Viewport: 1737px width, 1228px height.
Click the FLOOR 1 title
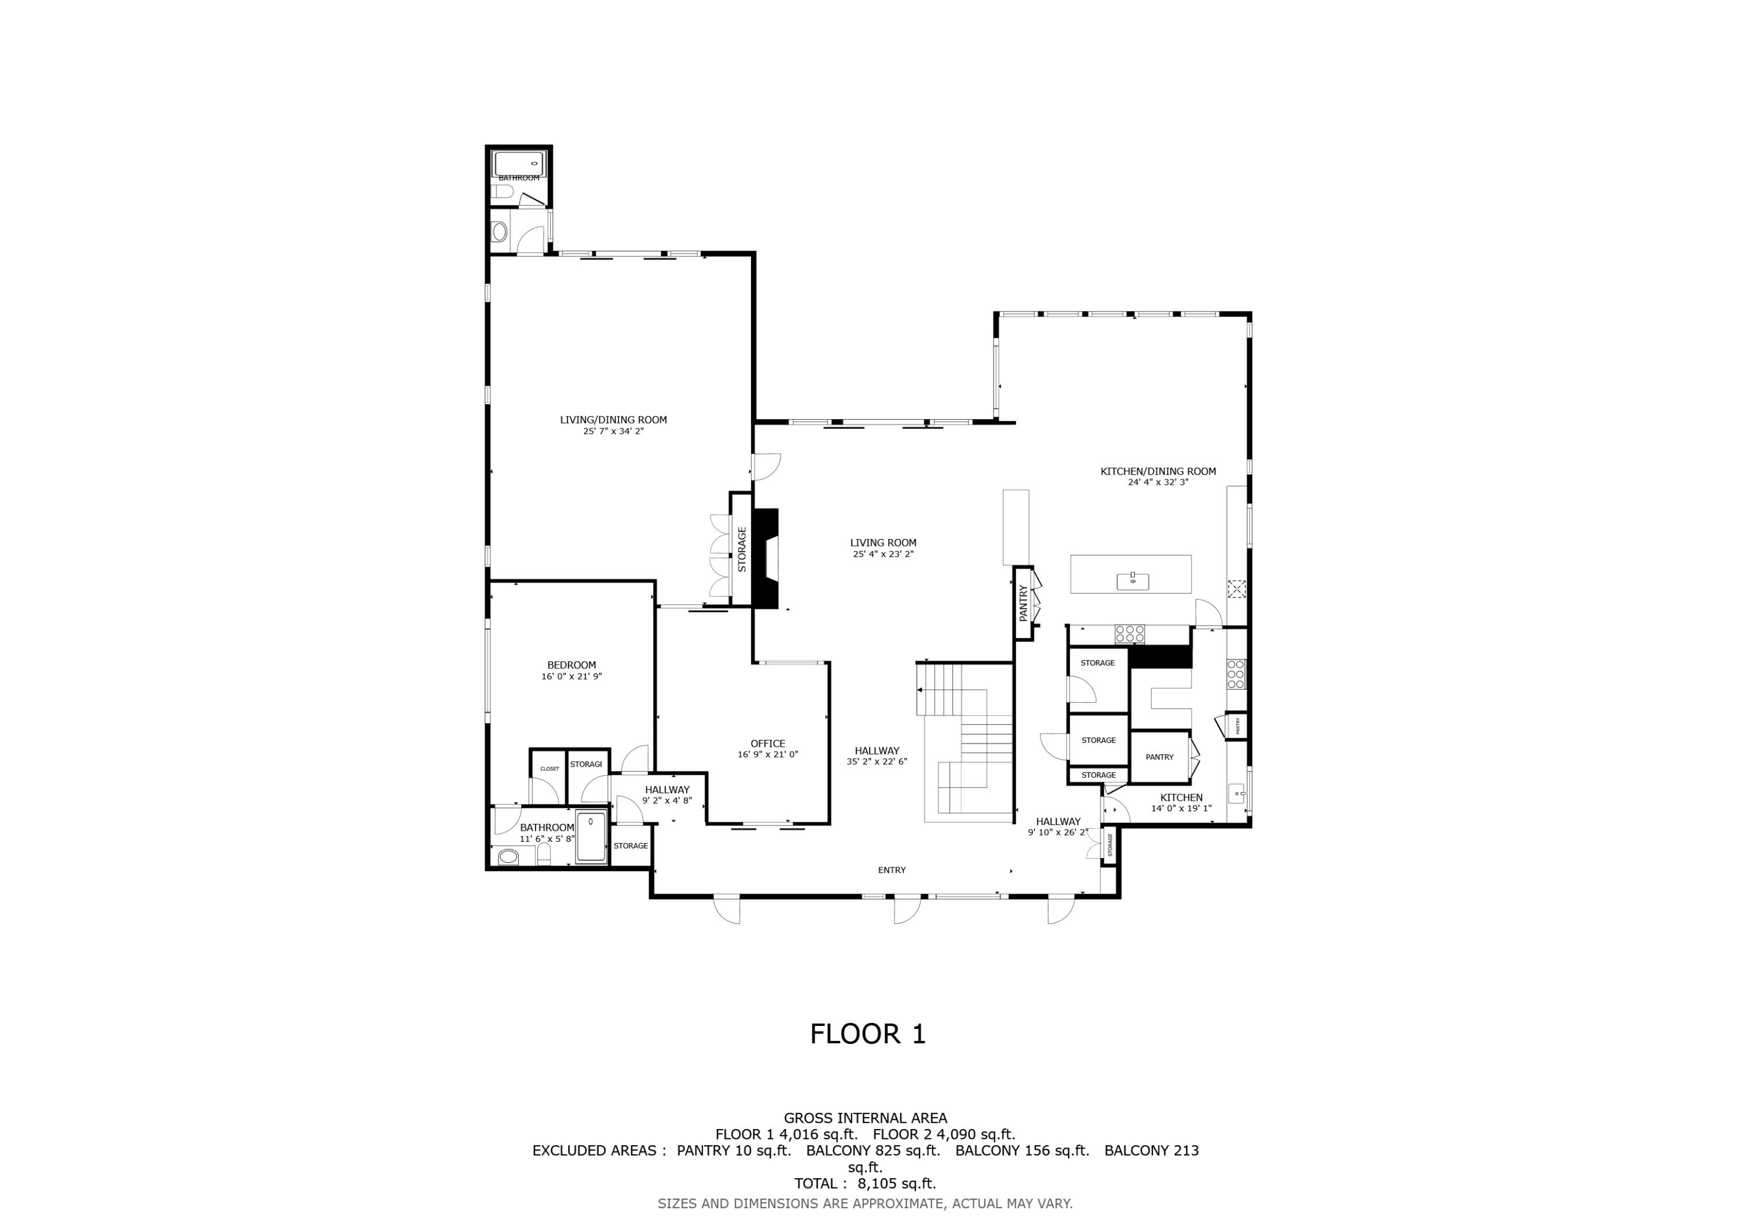pyautogui.click(x=868, y=1033)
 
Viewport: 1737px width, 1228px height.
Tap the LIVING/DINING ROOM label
pyautogui.click(x=614, y=420)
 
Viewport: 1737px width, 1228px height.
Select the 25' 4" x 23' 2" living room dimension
pyautogui.click(x=883, y=554)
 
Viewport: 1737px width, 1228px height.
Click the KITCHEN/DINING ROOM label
pyautogui.click(x=1157, y=471)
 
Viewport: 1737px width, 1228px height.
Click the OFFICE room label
pyautogui.click(x=768, y=744)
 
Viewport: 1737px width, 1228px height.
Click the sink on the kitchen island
pyautogui.click(x=1133, y=581)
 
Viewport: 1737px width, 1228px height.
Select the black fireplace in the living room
pyautogui.click(x=767, y=558)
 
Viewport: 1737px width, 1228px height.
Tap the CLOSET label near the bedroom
pyautogui.click(x=549, y=769)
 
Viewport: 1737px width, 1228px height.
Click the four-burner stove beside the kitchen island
pyautogui.click(x=1130, y=633)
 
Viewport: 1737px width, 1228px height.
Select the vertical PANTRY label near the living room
pyautogui.click(x=1023, y=603)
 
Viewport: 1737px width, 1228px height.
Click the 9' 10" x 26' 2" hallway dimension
pyautogui.click(x=1058, y=833)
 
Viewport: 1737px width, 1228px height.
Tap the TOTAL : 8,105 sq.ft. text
pyautogui.click(x=864, y=1183)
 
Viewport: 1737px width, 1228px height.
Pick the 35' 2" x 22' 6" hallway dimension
pyautogui.click(x=877, y=762)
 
